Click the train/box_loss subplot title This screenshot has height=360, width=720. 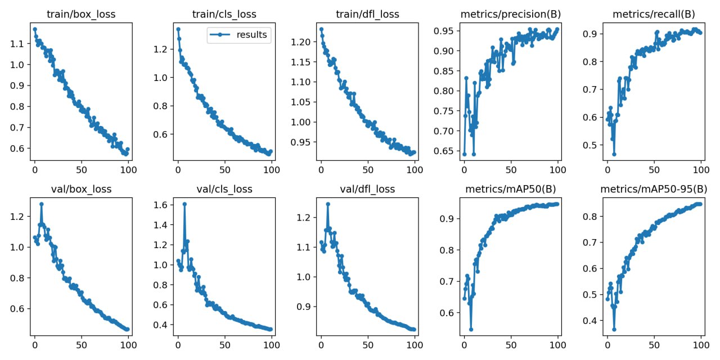tap(82, 14)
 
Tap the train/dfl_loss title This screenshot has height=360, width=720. tap(368, 14)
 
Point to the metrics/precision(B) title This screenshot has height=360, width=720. tap(511, 14)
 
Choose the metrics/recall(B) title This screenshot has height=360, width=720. tap(654, 14)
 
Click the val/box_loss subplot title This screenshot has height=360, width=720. tap(82, 190)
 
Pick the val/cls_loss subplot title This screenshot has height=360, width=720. tap(225, 190)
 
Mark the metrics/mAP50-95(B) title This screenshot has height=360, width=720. tap(654, 190)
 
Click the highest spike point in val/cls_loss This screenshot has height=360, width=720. tap(184, 204)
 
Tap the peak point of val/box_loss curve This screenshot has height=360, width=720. tap(41, 204)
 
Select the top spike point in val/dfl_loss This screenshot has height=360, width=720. tap(328, 204)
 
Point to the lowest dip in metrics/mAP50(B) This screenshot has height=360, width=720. tap(471, 330)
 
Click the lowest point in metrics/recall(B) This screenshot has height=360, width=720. tap(614, 154)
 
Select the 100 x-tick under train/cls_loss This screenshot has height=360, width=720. tap(272, 168)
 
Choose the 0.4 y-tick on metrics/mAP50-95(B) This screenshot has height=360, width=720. tap(589, 321)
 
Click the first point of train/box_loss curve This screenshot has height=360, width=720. tap(35, 29)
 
